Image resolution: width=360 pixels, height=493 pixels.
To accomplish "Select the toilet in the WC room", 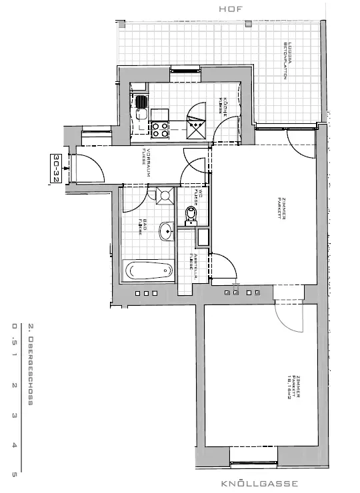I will [191, 214].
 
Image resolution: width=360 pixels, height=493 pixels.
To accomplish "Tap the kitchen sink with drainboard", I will [141, 106].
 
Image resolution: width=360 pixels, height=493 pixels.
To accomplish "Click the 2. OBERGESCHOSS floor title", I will [31, 364].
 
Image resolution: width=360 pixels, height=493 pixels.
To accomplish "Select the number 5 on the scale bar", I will [14, 474].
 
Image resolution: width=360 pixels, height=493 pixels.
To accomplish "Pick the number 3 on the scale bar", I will [14, 414].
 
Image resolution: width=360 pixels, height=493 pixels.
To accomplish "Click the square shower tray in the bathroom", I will [162, 196].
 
